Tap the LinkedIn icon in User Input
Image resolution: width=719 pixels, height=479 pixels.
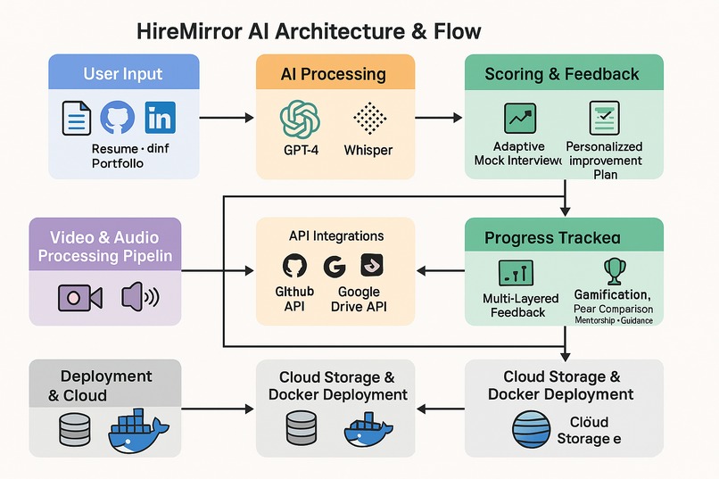pos(161,118)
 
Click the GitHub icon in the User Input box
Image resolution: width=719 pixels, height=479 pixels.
pos(118,118)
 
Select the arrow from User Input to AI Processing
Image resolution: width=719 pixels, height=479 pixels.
pos(227,117)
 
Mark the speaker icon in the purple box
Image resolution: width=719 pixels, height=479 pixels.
pos(139,296)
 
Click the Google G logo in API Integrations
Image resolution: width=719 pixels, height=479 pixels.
pos(335,266)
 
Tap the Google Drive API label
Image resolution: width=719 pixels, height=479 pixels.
pos(359,300)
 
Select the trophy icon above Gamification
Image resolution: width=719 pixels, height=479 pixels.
pos(614,269)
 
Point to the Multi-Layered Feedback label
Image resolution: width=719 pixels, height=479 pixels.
pos(520,305)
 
